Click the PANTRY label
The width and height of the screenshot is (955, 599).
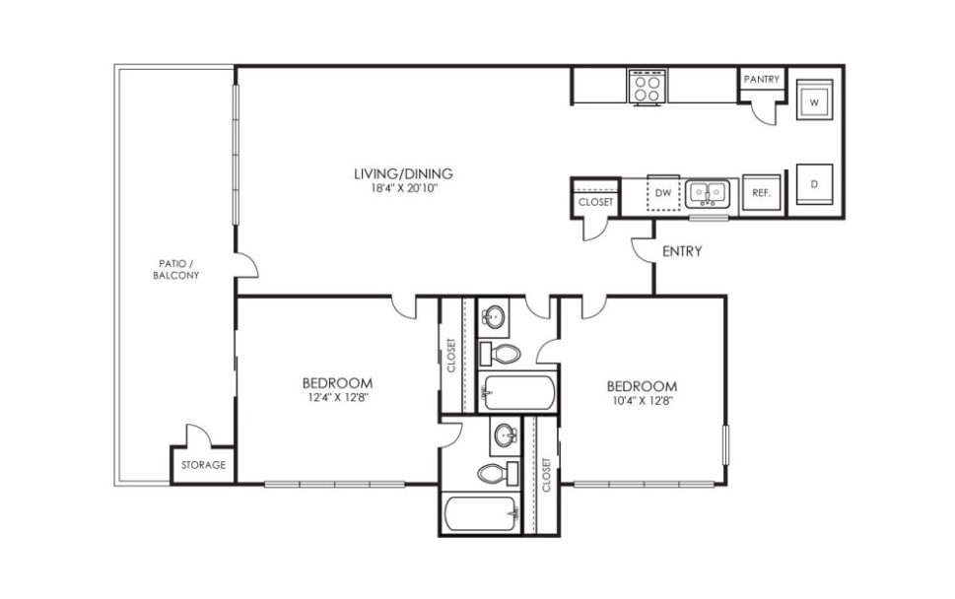click(x=762, y=79)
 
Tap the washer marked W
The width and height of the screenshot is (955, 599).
click(x=815, y=100)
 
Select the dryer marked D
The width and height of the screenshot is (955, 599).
click(x=815, y=184)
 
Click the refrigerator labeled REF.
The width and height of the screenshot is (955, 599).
click(x=761, y=193)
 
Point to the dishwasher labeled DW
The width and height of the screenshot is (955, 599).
click(x=663, y=193)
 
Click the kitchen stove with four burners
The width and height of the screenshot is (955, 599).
click(x=647, y=87)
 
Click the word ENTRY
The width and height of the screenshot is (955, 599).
click(x=682, y=252)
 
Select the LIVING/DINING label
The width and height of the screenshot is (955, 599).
click(x=395, y=174)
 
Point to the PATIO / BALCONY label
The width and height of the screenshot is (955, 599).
click(x=176, y=270)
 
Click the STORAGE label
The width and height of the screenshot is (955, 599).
click(x=204, y=465)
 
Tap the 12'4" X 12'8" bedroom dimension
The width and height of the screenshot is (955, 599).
click(x=337, y=398)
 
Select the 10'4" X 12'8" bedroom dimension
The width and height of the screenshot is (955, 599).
click(x=642, y=400)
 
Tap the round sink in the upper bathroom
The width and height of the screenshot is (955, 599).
click(x=494, y=317)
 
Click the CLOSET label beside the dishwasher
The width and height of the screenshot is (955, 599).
click(x=595, y=202)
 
